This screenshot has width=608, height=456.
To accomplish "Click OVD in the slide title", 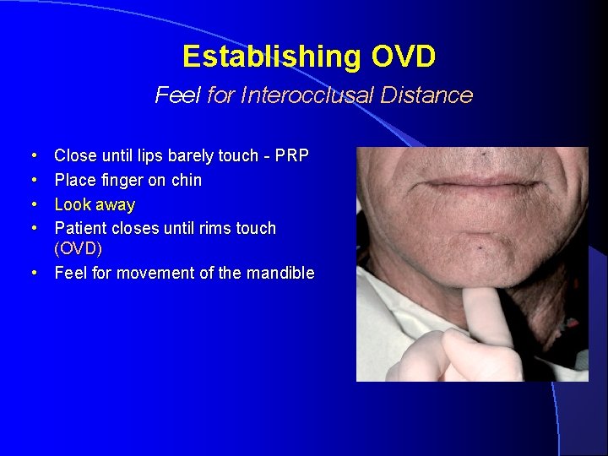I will point(403,57).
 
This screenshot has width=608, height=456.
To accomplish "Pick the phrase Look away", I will point(95,204).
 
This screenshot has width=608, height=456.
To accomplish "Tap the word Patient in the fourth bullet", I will point(80,228).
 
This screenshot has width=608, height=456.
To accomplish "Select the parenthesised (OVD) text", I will point(79,249).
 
